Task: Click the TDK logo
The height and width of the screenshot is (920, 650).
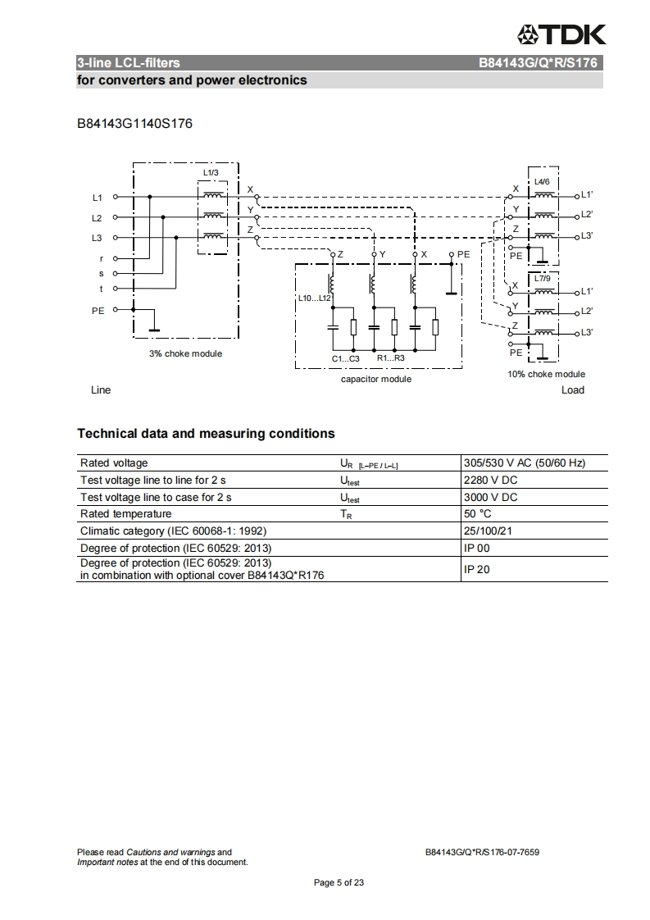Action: point(561,34)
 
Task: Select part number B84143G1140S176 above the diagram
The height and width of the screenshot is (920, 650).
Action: point(134,124)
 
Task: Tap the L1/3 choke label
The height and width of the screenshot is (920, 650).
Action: point(211,172)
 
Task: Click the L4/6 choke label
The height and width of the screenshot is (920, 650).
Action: point(542,181)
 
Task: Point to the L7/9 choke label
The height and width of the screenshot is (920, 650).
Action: point(542,279)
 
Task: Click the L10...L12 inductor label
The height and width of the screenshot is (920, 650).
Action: point(315,297)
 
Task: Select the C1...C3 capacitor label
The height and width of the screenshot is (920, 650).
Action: point(345,358)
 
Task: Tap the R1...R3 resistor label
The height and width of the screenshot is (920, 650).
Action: point(390,358)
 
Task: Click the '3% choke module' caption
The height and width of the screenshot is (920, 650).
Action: point(185,353)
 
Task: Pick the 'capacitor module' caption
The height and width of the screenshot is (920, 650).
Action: point(376,379)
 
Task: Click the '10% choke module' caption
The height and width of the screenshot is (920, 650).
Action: point(546,374)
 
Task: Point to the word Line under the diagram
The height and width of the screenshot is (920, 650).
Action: point(100,390)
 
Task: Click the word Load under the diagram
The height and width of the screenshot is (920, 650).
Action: point(572,390)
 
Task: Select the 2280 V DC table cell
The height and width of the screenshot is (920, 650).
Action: point(490,480)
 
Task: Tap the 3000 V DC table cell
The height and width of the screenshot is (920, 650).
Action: point(490,497)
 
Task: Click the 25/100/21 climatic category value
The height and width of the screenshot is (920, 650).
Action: point(489,531)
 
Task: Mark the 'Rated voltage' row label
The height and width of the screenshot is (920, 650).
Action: point(114,463)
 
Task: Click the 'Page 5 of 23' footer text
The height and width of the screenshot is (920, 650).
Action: point(339,883)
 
